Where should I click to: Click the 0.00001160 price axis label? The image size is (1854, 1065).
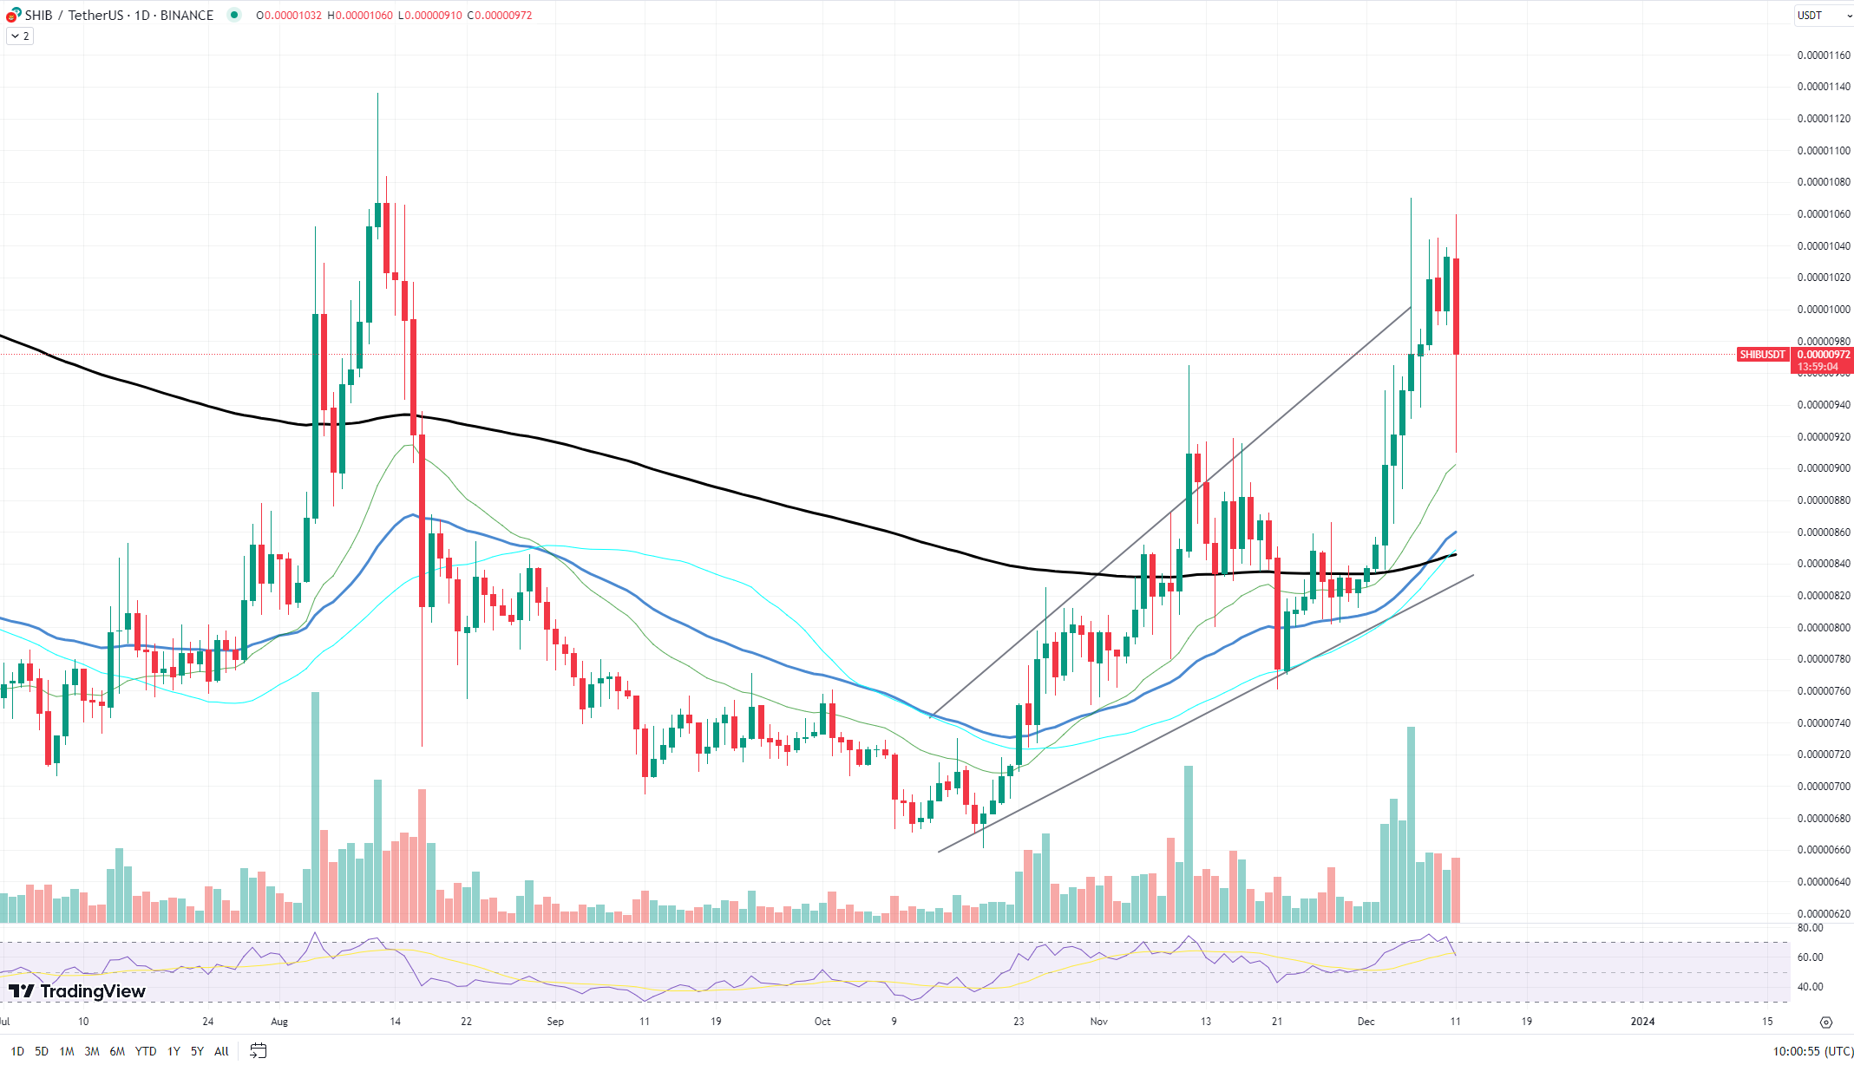pos(1824,56)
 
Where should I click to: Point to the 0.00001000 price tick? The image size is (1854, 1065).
pos(1824,310)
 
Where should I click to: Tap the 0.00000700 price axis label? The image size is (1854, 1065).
pos(1824,787)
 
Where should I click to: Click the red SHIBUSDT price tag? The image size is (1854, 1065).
pos(1762,355)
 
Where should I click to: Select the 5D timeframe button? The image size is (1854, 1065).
pos(42,1051)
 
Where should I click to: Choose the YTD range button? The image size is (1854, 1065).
pos(146,1051)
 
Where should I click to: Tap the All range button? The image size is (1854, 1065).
pos(221,1051)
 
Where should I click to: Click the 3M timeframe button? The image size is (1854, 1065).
pos(92,1051)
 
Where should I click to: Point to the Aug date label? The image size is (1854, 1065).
pos(279,1022)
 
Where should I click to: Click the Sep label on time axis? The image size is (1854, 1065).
pos(555,1022)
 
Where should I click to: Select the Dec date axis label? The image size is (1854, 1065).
pos(1366,1022)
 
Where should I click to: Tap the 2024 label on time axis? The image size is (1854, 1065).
pos(1642,1022)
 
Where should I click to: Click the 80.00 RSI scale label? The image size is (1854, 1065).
pos(1810,928)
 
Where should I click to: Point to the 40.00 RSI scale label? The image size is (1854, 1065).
pos(1810,987)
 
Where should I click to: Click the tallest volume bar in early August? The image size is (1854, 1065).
pos(315,807)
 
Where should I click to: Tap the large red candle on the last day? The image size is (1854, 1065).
pos(1456,306)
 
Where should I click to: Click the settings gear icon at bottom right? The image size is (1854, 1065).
pos(1826,1023)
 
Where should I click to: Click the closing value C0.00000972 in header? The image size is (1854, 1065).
pos(500,16)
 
